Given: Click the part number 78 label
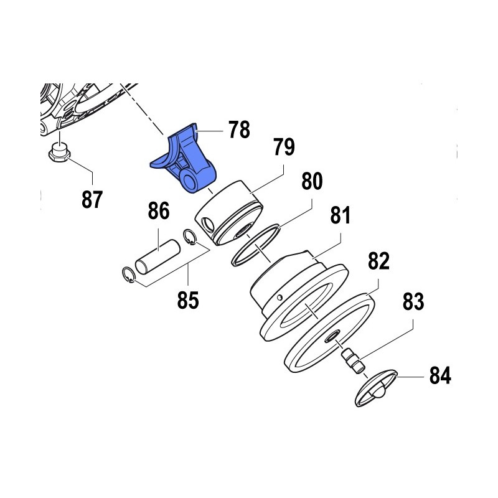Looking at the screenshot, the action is coord(240,129).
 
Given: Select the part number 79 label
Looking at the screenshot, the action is coord(284,147).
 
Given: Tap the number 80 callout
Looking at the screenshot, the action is coord(312,181).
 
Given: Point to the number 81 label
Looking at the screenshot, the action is coord(340,215).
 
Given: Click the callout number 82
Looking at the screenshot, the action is coord(378,261).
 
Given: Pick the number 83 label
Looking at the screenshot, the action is coord(413,301).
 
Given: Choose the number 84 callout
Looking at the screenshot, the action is coord(440,375).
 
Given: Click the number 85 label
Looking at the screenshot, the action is coord(188,300).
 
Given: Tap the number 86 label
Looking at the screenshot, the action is coord(159,210).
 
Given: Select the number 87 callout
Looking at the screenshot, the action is coord(92,199).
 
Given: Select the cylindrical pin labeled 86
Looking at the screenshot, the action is coord(158,257).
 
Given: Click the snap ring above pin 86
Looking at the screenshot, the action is coord(189,237).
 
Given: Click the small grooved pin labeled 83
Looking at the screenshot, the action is coord(354,360).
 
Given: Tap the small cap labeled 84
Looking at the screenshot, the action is coord(377,388).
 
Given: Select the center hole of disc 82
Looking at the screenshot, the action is coord(332,337).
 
